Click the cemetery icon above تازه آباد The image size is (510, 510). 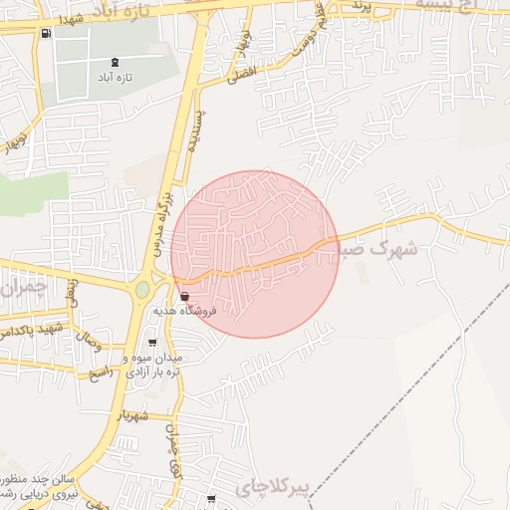(117, 63)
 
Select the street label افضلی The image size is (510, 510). (241, 73)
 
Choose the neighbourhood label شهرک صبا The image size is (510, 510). (383, 249)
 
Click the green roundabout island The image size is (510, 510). (142, 290)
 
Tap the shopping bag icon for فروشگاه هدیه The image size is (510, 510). (185, 296)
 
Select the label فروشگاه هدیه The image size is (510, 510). (185, 312)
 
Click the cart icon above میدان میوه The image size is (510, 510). (151, 344)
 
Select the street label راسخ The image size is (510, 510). (103, 371)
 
